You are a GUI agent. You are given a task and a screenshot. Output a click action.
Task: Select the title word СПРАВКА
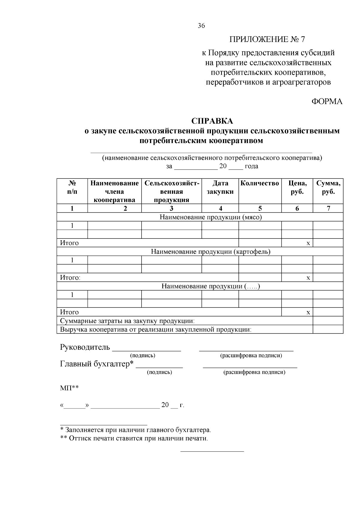click(x=212, y=121)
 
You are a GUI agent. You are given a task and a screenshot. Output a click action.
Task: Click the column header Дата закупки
click(x=220, y=187)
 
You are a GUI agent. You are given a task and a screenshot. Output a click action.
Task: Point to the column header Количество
click(x=260, y=183)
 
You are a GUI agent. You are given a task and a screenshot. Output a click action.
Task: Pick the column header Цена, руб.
click(x=297, y=187)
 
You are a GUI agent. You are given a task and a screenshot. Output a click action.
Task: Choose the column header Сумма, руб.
click(x=328, y=187)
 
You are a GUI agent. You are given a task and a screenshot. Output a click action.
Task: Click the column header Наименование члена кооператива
click(x=115, y=191)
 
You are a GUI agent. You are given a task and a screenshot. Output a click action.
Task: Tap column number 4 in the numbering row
click(x=220, y=208)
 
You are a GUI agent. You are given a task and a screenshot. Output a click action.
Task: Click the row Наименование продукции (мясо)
click(x=211, y=217)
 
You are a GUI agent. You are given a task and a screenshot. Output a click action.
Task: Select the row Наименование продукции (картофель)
click(x=211, y=252)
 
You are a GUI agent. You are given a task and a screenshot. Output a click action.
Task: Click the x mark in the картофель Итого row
click(x=308, y=278)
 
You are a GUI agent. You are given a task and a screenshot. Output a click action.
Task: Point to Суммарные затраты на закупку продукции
click(x=127, y=321)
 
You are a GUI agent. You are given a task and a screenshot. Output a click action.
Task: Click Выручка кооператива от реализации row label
click(x=156, y=330)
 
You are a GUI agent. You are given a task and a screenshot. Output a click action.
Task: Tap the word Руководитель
click(x=85, y=347)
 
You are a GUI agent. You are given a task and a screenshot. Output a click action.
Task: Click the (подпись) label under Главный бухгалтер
click(x=159, y=372)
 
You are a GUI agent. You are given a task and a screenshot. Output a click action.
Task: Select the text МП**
click(x=69, y=388)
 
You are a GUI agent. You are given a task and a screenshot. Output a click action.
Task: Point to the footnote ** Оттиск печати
click(x=134, y=439)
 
